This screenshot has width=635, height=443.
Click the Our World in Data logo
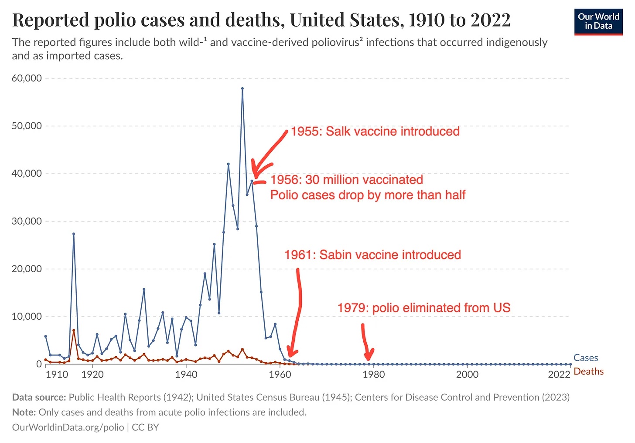coord(598,21)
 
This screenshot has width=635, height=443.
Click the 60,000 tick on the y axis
coord(27,78)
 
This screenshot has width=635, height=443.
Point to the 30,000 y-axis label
coord(27,221)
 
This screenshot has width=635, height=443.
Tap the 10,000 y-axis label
coord(27,317)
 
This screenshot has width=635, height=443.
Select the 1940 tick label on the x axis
coord(186,375)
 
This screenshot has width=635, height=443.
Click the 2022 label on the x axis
coord(559,375)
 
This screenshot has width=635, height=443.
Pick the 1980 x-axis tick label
coord(374,375)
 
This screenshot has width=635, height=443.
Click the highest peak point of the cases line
coord(242,89)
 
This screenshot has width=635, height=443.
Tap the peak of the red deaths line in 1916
coord(74,331)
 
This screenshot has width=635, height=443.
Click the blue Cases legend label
coord(585,358)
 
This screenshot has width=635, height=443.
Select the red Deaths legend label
coord(588,371)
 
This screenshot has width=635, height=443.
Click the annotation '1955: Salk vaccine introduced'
coord(375,132)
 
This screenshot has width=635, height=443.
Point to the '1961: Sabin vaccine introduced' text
coord(372,255)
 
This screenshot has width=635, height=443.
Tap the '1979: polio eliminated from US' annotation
coord(423,308)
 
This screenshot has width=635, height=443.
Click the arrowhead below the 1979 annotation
coord(369,355)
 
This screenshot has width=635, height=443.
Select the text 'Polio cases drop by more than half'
coord(368,195)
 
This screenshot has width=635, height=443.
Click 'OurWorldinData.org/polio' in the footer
coord(68,427)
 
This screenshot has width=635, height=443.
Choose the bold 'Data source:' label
coord(39,397)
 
